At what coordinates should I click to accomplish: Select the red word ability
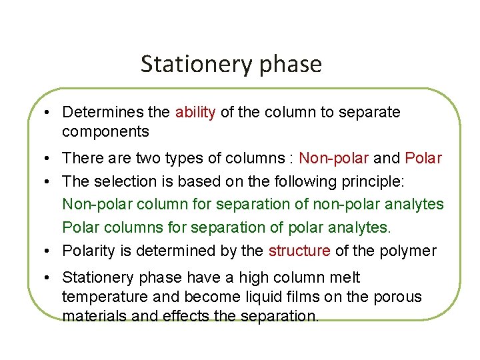pyautogui.click(x=195, y=112)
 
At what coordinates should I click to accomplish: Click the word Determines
pyautogui.click(x=107, y=112)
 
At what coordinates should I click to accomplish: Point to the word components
pyautogui.click(x=105, y=132)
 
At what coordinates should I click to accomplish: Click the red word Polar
pyautogui.click(x=423, y=159)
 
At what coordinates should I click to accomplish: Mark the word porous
pyautogui.click(x=400, y=297)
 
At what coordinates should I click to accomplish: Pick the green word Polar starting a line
pyautogui.click(x=79, y=227)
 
